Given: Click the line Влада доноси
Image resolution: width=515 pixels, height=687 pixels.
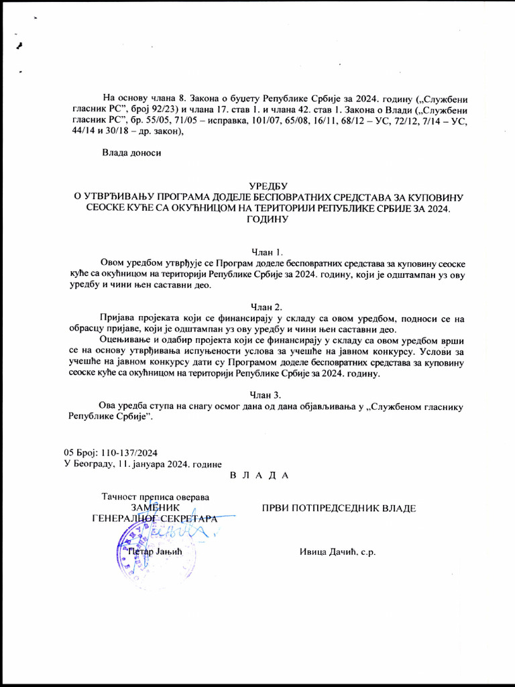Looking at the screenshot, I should (x=131, y=154).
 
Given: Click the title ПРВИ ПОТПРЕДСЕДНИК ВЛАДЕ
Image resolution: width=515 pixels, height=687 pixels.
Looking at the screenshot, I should (x=339, y=508).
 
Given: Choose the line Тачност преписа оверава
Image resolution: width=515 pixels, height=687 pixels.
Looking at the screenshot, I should (x=155, y=497).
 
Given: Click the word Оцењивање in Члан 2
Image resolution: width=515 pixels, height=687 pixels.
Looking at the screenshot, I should (x=125, y=339).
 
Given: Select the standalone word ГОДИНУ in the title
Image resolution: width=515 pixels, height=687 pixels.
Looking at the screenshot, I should (x=267, y=219).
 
